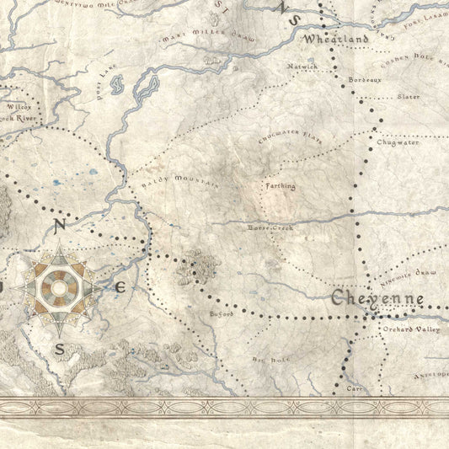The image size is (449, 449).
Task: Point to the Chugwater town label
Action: coord(398,142)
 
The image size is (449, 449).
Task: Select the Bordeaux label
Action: coord(365,80)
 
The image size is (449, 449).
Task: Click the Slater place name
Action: coord(408,97)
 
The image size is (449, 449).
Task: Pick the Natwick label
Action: coord(302,66)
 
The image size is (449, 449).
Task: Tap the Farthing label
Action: coord(281,185)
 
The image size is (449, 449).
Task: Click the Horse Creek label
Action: coord(270,227)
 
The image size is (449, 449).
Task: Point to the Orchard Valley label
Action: coord(411,329)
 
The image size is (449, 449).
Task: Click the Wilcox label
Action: coord(18,109)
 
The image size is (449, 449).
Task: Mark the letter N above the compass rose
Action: coord(59,225)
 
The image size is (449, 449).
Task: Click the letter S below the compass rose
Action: coord(59,349)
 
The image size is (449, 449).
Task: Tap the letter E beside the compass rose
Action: coord(120,287)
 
